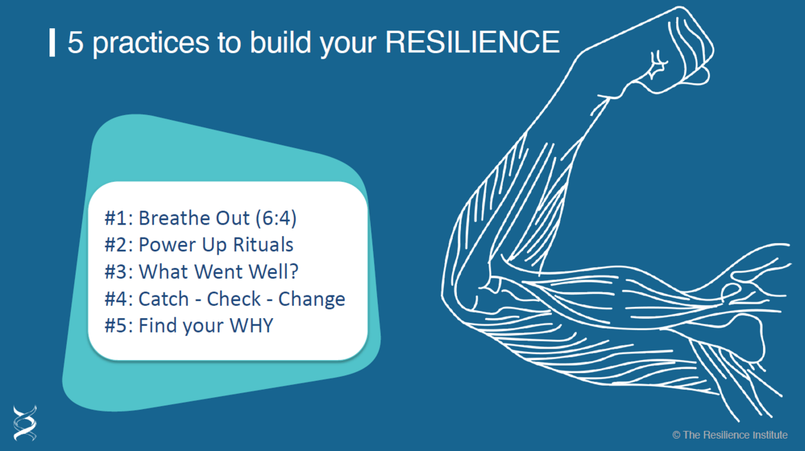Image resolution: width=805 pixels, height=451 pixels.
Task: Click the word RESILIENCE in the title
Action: pos(472,42)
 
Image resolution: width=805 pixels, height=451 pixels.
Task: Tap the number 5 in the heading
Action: pos(75,42)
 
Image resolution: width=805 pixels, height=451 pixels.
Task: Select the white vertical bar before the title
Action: pos(52,43)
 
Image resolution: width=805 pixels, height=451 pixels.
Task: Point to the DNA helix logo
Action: pos(25,423)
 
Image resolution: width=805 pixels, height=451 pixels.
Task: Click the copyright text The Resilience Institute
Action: pos(729,435)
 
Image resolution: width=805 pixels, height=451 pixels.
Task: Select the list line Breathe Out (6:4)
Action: pos(201,218)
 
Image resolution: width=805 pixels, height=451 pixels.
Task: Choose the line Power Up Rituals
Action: pos(199,245)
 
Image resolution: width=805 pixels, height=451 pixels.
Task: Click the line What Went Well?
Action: pos(201,272)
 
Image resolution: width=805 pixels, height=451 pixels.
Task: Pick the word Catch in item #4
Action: pos(164,299)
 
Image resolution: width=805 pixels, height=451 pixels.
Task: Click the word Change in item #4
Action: pos(312,299)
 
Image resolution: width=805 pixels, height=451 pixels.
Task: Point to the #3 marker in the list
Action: pos(118,272)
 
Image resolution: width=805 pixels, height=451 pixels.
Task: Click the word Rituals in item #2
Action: pos(263,244)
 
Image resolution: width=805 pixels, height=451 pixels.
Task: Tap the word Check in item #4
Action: pos(234,299)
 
